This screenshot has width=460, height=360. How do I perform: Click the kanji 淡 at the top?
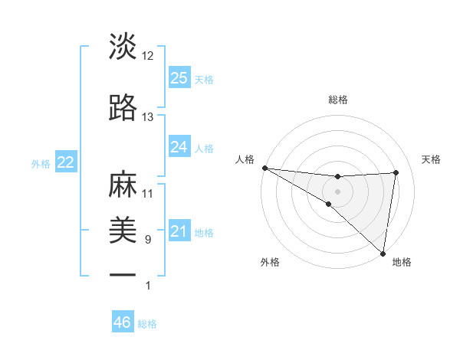coord(123,47)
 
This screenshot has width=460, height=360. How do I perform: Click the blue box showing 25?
coord(179,77)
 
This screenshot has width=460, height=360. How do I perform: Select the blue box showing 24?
coord(179,147)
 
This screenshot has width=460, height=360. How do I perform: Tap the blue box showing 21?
coord(179,231)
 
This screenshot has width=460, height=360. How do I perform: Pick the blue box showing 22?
coord(65,162)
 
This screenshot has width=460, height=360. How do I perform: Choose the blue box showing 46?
coord(123,322)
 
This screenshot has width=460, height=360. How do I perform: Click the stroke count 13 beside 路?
coord(148,117)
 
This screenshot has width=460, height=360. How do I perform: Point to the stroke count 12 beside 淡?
coord(148,56)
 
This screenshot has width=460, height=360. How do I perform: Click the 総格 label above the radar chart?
coord(338,100)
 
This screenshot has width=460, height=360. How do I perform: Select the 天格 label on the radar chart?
coord(432,159)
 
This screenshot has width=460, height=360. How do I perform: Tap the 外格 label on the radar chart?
coord(270,262)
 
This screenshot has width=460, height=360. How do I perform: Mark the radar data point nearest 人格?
coord(264,168)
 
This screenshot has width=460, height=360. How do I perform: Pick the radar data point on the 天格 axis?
coord(396,172)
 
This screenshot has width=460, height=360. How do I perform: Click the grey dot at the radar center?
coord(338,191)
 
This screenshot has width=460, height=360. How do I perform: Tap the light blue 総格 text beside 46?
coord(148,324)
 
